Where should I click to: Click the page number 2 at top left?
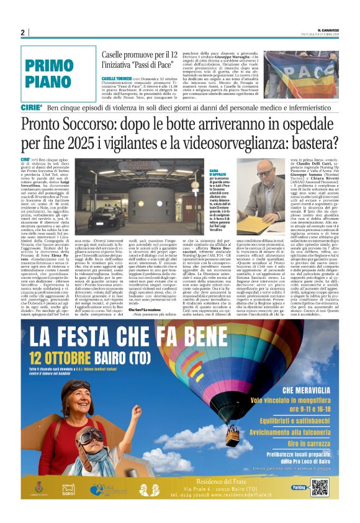[x=23, y=32]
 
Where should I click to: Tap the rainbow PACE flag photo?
[x=302, y=75]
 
